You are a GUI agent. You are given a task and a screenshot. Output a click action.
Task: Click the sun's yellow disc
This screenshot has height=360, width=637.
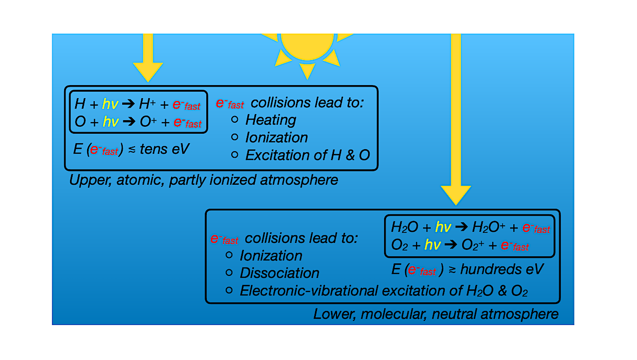307,46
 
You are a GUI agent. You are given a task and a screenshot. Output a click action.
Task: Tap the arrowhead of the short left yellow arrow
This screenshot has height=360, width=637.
148,71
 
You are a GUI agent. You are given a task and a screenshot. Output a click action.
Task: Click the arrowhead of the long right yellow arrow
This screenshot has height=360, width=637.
456,194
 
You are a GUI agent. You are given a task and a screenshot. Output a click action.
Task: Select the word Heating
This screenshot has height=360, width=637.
271,120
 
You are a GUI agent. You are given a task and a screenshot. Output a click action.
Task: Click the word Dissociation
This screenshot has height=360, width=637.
279,273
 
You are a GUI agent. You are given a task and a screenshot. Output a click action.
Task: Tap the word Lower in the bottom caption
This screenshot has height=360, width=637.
335,314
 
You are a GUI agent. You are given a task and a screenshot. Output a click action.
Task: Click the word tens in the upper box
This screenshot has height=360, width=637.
154,149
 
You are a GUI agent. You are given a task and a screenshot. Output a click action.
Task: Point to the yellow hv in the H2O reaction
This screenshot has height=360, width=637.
443,227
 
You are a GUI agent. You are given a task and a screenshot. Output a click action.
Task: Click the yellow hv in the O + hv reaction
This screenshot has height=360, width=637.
111,122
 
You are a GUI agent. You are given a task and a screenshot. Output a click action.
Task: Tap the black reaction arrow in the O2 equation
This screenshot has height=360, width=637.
450,244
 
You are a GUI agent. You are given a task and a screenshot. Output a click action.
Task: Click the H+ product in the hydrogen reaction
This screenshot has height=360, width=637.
147,104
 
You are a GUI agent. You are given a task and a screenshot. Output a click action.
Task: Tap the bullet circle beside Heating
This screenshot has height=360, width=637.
234,120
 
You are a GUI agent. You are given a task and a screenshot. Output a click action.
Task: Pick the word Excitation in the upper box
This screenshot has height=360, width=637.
277,155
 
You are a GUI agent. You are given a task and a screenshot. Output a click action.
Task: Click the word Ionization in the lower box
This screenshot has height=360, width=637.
271,256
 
